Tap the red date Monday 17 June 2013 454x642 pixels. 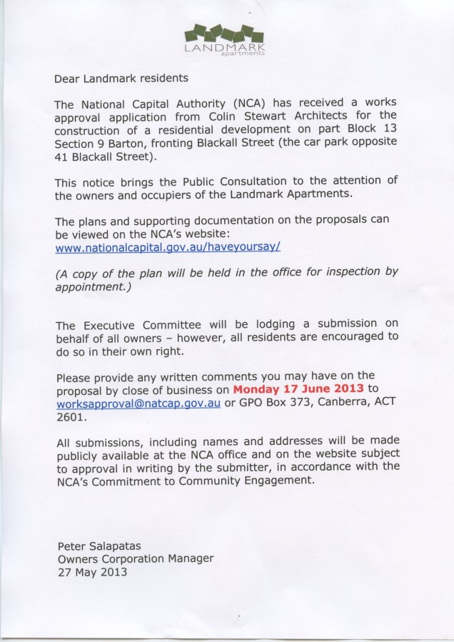tap(298, 389)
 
